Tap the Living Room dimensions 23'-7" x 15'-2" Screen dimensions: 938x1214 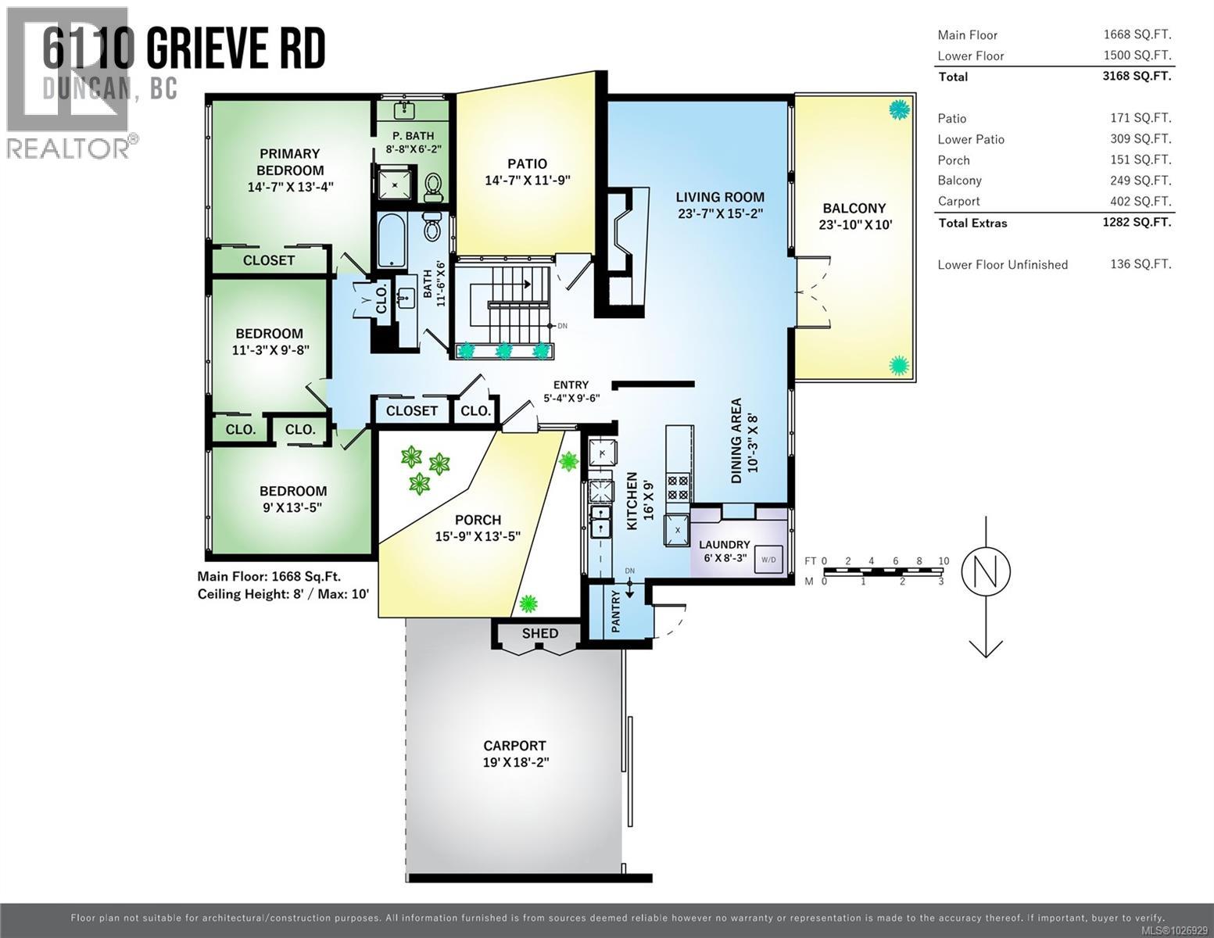click(x=720, y=213)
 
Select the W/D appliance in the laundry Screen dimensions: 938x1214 click(x=768, y=560)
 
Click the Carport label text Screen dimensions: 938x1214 click(x=514, y=746)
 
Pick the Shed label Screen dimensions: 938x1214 click(x=539, y=633)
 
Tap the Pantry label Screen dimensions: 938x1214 click(x=615, y=611)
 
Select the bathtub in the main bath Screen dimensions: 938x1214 click(x=389, y=242)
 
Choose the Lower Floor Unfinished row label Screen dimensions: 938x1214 click(x=1002, y=265)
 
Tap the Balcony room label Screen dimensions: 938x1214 click(x=854, y=208)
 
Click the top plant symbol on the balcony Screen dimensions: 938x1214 click(x=900, y=109)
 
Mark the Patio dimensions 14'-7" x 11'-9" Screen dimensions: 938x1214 click(x=527, y=180)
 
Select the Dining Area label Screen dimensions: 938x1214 click(x=736, y=441)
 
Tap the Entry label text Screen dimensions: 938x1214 click(x=571, y=385)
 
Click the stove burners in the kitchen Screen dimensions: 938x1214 click(x=678, y=489)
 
